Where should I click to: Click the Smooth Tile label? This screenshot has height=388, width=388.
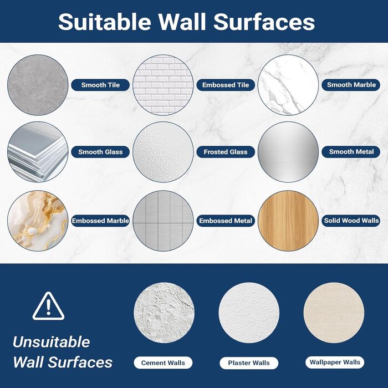coord(100,85)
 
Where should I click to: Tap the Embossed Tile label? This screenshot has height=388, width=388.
coord(226,85)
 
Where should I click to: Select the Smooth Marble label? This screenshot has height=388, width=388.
coord(351,85)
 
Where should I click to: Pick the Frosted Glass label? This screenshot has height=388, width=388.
coord(226,152)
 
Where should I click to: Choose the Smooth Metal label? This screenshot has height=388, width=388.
coord(351,152)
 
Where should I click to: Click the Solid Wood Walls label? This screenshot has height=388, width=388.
coord(351,221)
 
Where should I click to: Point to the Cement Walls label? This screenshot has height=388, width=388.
coord(163,363)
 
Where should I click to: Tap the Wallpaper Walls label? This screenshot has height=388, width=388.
coord(335,363)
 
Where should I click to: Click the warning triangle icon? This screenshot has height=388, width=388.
coord(49,306)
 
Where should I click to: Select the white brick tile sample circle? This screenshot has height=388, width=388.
coord(163,85)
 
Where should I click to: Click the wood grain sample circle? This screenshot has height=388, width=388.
coord(288,221)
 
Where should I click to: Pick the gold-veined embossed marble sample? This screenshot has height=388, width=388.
coord(38,221)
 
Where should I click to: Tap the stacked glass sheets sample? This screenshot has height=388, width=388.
coord(38,152)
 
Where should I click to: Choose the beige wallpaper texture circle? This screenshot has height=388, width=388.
coord(334,313)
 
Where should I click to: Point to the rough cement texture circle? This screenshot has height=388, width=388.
coord(164,313)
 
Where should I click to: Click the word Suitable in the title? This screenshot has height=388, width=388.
coord(104,22)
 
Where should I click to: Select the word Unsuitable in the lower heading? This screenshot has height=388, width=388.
coord(52,342)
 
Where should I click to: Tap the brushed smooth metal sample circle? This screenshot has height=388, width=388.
coord(288,152)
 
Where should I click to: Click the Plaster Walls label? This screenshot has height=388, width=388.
coord(249,363)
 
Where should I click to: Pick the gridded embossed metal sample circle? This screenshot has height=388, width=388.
coord(163,221)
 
